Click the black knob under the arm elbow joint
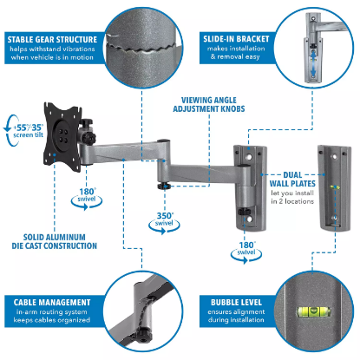point(162,184)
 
